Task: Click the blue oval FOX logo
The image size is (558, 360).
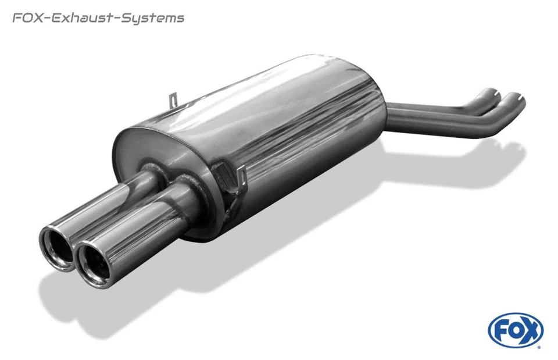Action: click(x=516, y=331)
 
